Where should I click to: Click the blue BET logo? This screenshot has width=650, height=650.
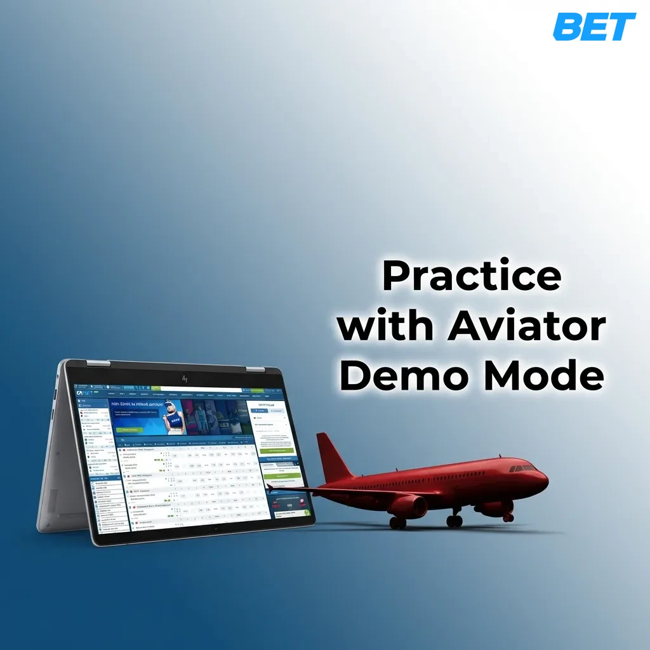594,27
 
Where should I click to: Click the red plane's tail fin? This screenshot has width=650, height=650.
333,457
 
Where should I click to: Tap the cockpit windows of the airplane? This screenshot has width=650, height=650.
524,468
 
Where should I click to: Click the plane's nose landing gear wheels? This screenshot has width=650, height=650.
508,517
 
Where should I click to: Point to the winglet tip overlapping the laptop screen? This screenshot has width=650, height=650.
270,487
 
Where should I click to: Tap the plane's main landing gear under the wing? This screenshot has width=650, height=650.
454,521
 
